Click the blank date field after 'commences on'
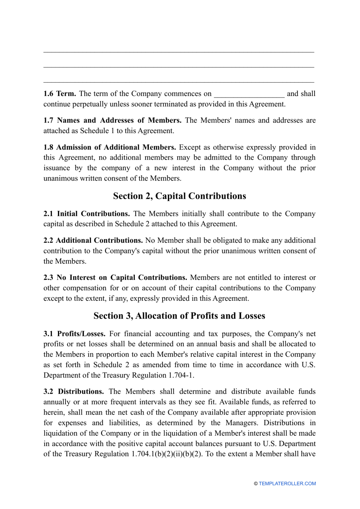click(249, 94)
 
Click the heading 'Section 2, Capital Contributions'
click(179, 196)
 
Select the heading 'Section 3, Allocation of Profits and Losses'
click(179, 316)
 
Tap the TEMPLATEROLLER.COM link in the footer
click(287, 484)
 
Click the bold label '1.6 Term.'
click(59, 94)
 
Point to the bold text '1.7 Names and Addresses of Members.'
click(112, 121)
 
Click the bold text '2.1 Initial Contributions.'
click(86, 214)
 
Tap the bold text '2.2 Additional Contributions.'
click(93, 240)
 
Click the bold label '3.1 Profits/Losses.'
click(74, 334)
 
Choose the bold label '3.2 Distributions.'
click(74, 391)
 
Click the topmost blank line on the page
click(179, 51)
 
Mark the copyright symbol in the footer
click(256, 484)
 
